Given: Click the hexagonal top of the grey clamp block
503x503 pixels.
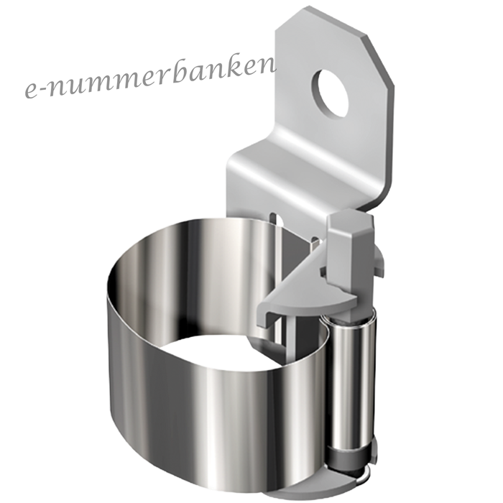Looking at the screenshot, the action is click(350, 223).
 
